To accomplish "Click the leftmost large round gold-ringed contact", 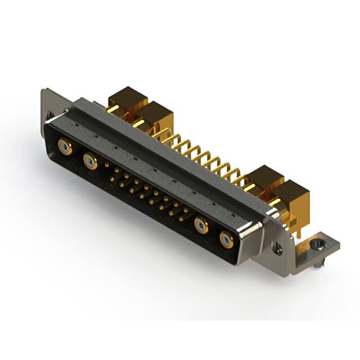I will pyautogui.click(x=66, y=148).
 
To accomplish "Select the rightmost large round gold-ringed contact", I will pyautogui.click(x=226, y=240).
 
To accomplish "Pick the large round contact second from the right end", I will pyautogui.click(x=201, y=226).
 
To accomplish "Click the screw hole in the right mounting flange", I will pyautogui.click(x=277, y=246).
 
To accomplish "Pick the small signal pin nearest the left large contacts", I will pyautogui.click(x=108, y=165).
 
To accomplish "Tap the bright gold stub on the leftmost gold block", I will pyautogui.click(x=113, y=109).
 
